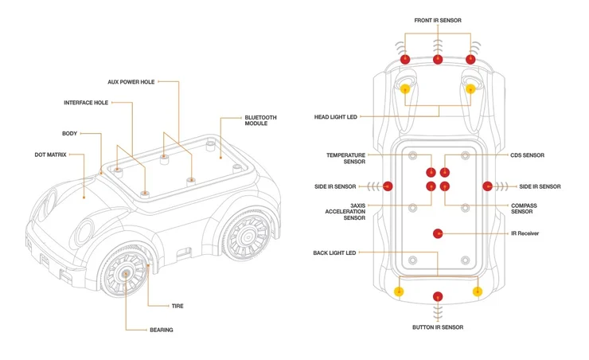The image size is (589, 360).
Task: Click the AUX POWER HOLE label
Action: tap(131, 82)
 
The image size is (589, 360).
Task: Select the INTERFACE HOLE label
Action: tap(85, 102)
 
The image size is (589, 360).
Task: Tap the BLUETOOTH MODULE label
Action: tap(261, 120)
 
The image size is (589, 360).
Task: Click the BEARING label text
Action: tap(161, 330)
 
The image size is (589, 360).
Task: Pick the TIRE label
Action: tap(177, 306)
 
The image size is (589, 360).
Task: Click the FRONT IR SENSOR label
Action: tap(437, 20)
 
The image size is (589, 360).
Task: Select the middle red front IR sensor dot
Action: tap(437, 60)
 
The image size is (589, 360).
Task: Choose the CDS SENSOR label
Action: tap(527, 155)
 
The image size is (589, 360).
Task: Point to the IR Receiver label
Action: tap(525, 233)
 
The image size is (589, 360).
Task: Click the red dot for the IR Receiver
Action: tap(437, 233)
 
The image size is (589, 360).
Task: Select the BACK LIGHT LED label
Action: tap(334, 252)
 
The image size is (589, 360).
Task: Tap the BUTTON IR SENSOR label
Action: tap(437, 327)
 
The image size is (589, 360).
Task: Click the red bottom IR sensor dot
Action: tap(437, 297)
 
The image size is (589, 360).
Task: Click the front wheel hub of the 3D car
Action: tap(127, 273)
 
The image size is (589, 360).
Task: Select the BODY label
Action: tap(69, 133)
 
